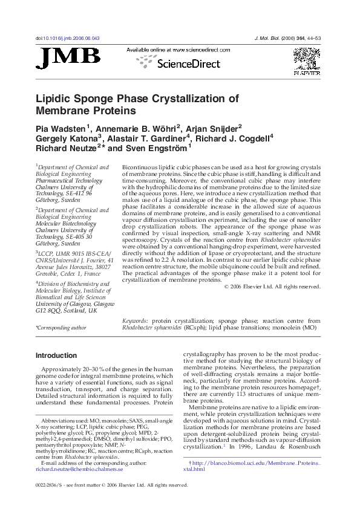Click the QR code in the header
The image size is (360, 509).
306,59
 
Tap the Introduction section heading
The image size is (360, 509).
56,355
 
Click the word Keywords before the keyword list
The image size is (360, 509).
135,321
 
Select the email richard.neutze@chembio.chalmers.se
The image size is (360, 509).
79,468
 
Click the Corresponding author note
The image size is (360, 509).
61,328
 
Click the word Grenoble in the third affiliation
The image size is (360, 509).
50,273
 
